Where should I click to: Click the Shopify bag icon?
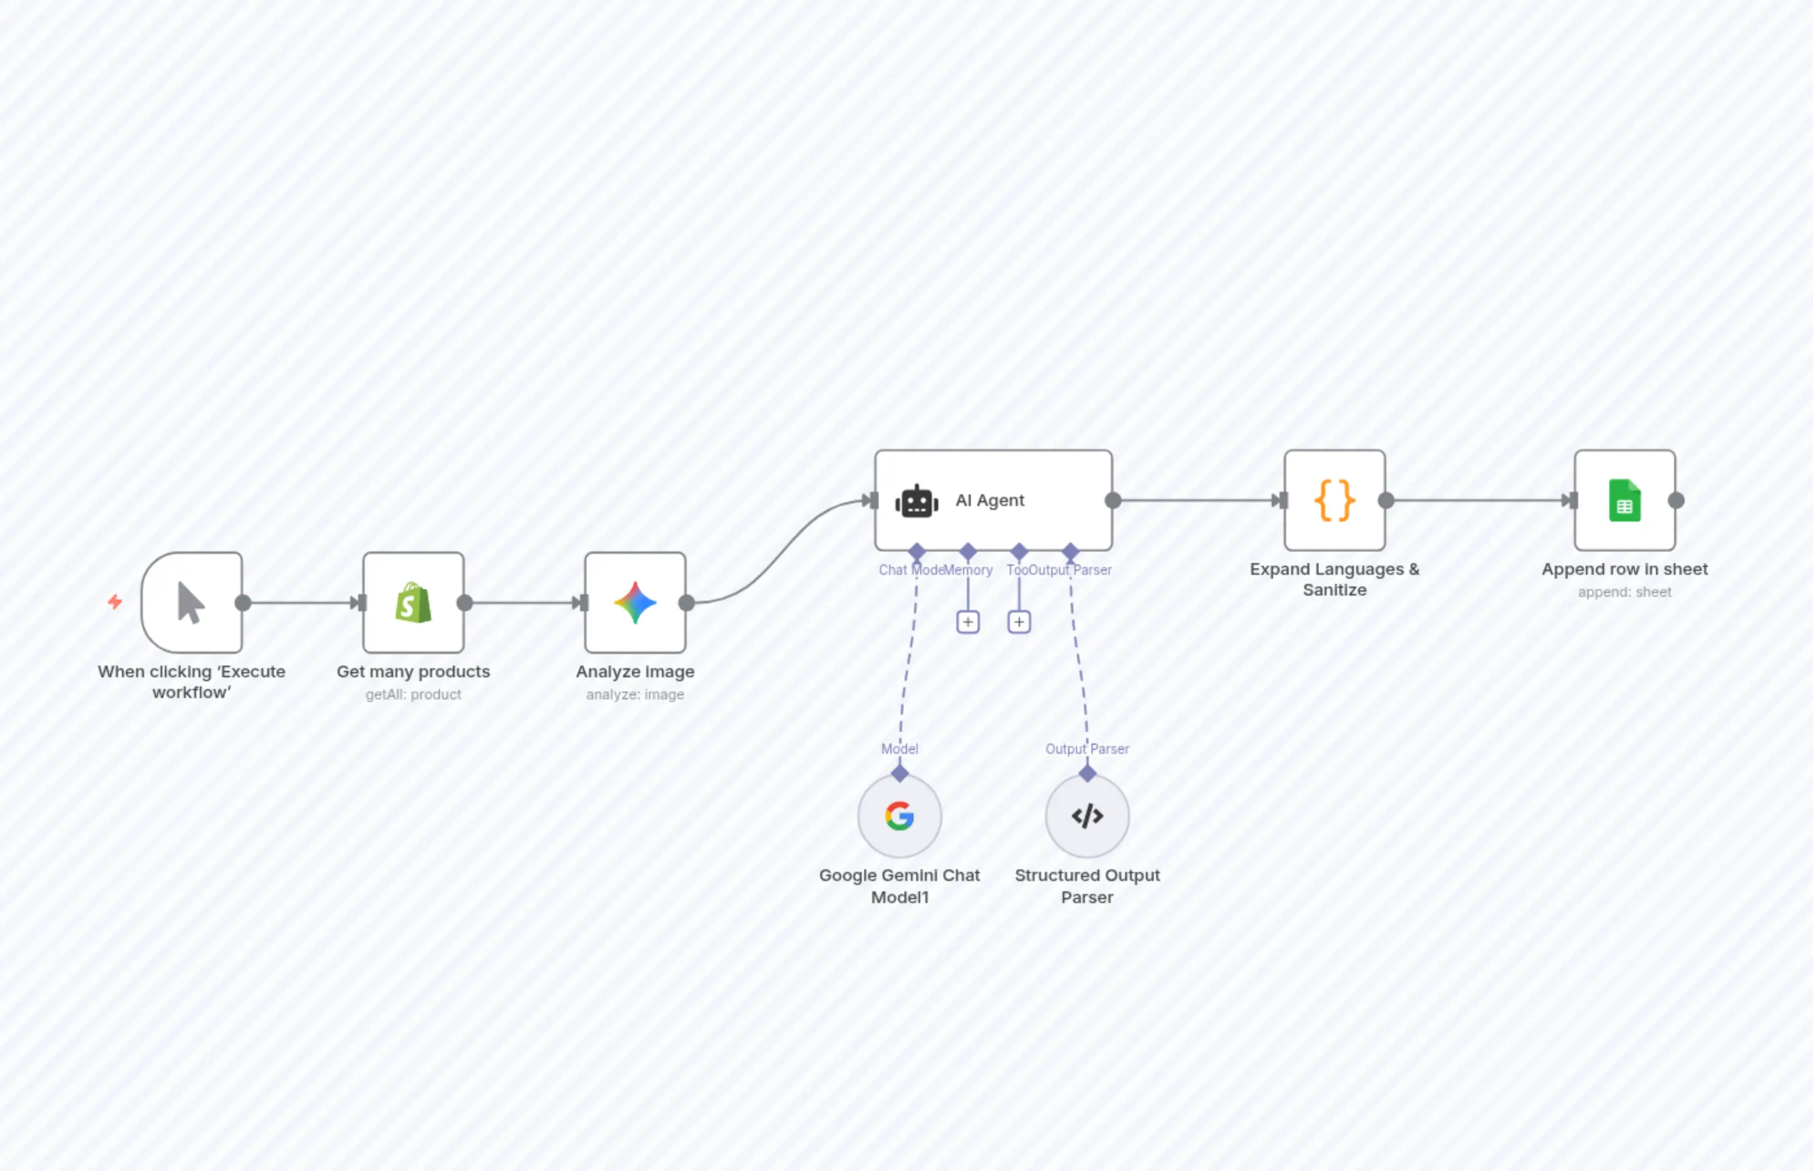click(413, 603)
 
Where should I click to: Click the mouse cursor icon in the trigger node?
click(191, 603)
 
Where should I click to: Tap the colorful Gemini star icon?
click(635, 603)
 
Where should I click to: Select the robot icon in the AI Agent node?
click(916, 501)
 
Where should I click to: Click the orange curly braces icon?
click(1335, 500)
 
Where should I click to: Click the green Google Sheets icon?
click(1624, 500)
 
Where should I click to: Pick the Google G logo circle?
click(899, 816)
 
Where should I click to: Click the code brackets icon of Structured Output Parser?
click(1087, 816)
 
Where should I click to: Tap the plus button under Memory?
click(967, 622)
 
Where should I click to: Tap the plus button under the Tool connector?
click(1019, 622)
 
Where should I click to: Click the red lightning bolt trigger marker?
click(115, 602)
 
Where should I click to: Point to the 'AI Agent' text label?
click(990, 500)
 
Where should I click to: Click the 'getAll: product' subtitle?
click(413, 694)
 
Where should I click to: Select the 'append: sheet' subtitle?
click(1624, 592)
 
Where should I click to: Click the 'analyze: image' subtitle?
click(635, 694)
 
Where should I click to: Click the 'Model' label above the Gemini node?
click(899, 749)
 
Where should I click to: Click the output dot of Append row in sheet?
click(1676, 500)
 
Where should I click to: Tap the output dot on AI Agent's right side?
click(1113, 500)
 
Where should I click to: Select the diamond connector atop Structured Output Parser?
click(1088, 773)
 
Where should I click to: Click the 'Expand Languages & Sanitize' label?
click(1335, 579)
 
